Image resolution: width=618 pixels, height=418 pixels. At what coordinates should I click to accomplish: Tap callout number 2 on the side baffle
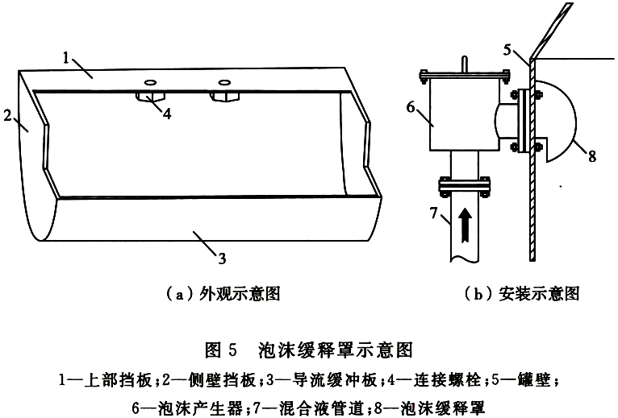tap(7, 116)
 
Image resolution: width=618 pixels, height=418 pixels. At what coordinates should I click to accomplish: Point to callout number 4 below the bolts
tap(167, 114)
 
